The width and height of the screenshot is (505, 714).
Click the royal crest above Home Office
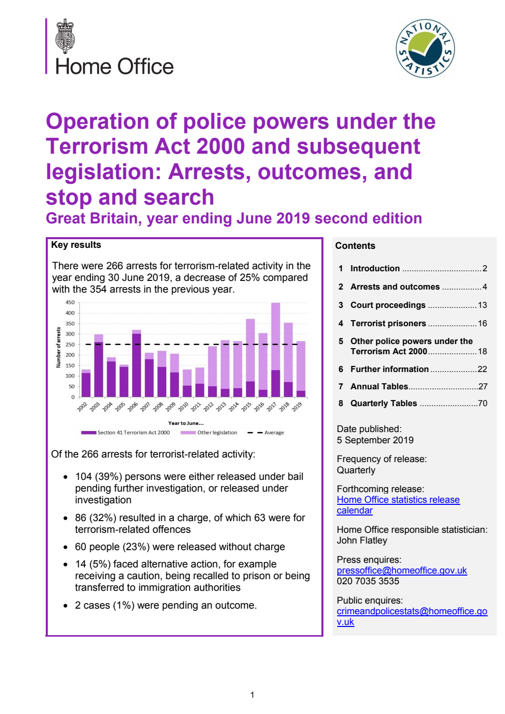[65, 36]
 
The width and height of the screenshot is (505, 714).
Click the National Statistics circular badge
[425, 49]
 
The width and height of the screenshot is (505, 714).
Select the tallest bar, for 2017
[276, 350]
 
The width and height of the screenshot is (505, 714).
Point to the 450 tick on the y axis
[70, 302]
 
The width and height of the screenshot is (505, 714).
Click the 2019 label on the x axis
[297, 406]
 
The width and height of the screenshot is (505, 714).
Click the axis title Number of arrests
[58, 348]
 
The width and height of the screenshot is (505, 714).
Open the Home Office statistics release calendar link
[398, 505]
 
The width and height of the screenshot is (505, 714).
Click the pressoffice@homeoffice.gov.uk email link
[402, 570]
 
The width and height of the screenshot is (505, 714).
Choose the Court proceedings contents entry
[388, 305]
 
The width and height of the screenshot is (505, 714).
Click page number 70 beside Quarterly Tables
[482, 403]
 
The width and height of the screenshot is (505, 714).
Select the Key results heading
[76, 245]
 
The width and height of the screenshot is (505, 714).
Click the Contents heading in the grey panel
[355, 246]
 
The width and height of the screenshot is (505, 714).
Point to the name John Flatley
[362, 540]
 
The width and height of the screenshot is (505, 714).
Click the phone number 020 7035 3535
[368, 581]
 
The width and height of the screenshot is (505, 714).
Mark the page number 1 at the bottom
[252, 695]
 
